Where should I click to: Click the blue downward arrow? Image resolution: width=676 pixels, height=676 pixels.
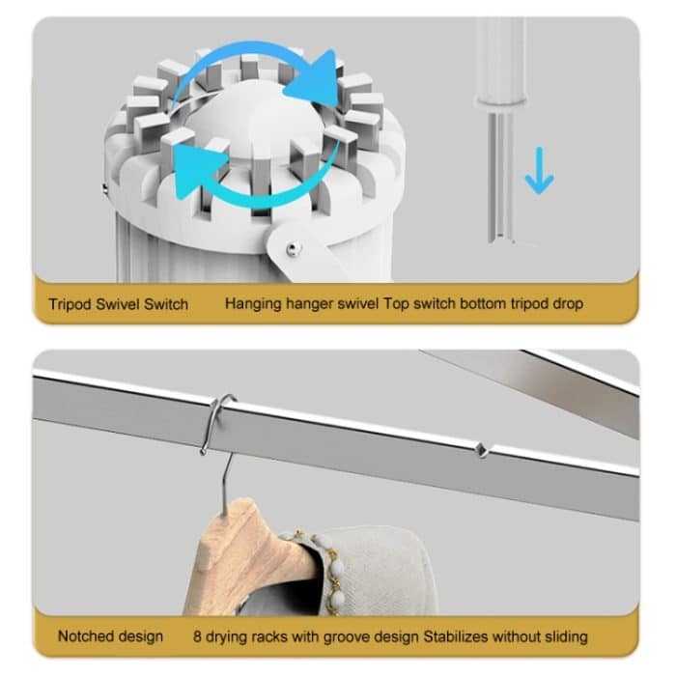539,171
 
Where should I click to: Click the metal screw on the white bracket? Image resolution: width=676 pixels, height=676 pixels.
293,248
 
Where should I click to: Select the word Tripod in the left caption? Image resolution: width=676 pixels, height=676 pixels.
70,304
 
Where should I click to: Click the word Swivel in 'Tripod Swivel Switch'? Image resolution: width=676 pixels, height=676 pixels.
118,304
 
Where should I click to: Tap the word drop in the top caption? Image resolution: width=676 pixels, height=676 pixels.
568,304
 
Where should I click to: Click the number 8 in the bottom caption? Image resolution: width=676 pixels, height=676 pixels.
197,636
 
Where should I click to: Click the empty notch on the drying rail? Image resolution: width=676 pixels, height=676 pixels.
481,450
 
